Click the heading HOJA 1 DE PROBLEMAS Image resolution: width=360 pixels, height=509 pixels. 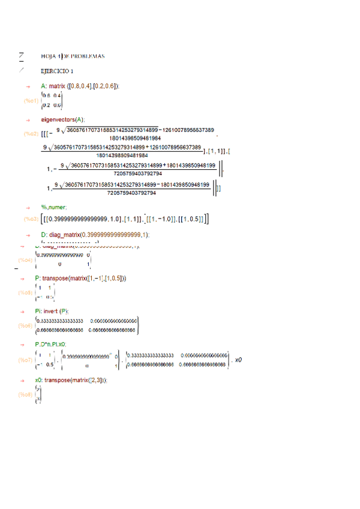[73, 56]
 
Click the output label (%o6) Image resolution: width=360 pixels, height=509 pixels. [25, 325]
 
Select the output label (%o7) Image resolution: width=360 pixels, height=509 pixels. [25, 360]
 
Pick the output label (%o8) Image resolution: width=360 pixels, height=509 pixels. [25, 395]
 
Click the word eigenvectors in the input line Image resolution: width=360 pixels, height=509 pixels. [57, 119]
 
